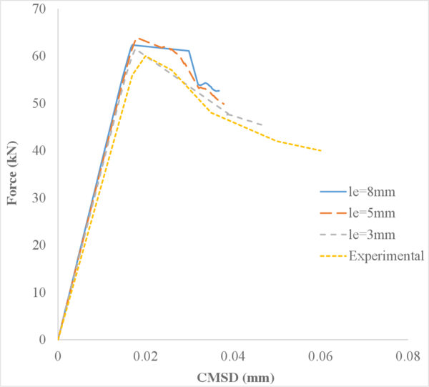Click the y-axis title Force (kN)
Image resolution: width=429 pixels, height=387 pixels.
pyautogui.click(x=12, y=174)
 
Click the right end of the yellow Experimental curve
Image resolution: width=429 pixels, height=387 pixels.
pyautogui.click(x=321, y=151)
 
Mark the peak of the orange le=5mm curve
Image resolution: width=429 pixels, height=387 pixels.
pyautogui.click(x=137, y=38)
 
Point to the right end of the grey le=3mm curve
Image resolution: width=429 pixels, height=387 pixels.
pyautogui.click(x=262, y=125)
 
